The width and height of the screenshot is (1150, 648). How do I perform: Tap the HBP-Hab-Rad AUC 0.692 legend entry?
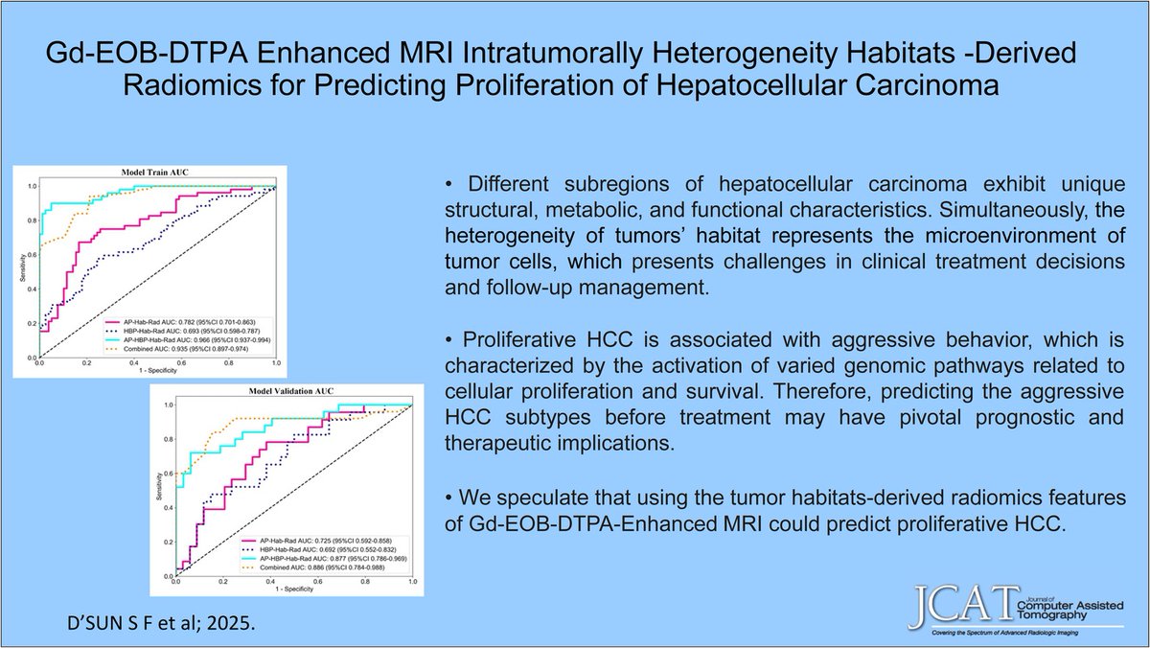(321, 550)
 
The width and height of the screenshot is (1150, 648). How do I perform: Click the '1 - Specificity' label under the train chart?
(156, 371)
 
